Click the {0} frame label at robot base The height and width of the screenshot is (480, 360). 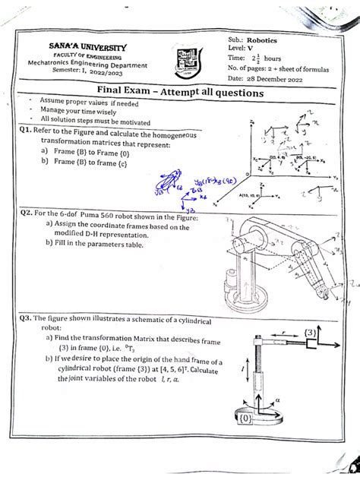point(245,440)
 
